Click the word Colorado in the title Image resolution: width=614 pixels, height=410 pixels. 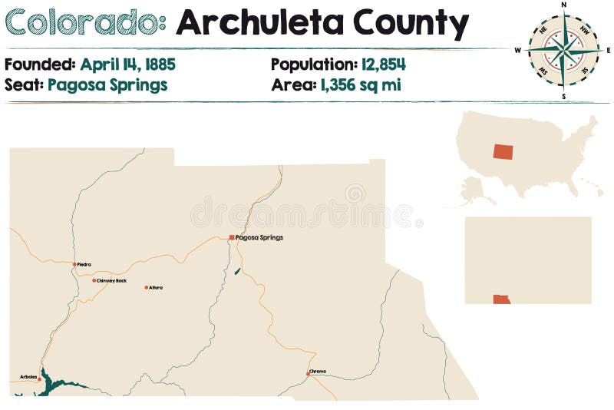85,24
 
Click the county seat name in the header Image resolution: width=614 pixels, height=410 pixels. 107,84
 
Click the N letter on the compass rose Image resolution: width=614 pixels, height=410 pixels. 563,5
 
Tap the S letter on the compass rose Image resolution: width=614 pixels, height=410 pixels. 563,97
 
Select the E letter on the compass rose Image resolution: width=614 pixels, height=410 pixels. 608,51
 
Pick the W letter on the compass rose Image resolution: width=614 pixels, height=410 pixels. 518,51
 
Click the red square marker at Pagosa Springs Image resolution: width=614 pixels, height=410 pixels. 232,237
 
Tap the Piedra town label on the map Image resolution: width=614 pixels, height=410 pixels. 84,264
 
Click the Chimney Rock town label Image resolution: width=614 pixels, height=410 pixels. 111,280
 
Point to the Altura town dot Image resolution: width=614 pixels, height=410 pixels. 146,287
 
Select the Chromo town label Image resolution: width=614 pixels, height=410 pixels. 319,372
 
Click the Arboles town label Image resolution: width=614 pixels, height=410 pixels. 28,377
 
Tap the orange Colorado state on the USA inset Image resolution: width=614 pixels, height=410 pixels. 503,150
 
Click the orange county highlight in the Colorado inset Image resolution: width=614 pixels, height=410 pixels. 501,299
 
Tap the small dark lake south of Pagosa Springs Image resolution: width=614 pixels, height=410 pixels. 237,271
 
